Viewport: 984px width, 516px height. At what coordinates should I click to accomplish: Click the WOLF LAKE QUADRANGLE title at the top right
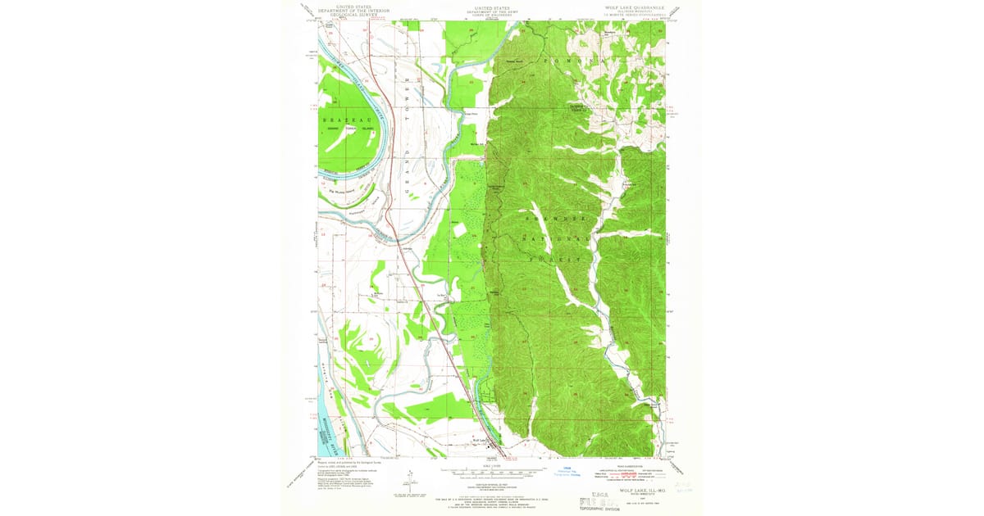tap(635, 7)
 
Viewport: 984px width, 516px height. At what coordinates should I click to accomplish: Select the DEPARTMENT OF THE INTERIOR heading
tap(354, 10)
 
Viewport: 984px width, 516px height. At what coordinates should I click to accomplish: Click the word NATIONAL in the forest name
tap(562, 240)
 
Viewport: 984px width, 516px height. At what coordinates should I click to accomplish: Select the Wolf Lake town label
tap(482, 441)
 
